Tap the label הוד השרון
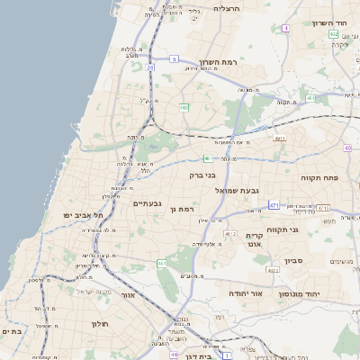pyautogui.click(x=334, y=23)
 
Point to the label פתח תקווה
pyautogui.click(x=319, y=178)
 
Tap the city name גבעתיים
pyautogui.click(x=147, y=203)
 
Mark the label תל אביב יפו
pyautogui.click(x=84, y=216)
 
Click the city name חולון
pyautogui.click(x=100, y=324)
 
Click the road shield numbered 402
pyautogui.click(x=333, y=34)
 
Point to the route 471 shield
pyautogui.click(x=274, y=205)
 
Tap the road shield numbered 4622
pyautogui.click(x=273, y=269)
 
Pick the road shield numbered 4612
pyautogui.click(x=231, y=234)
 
